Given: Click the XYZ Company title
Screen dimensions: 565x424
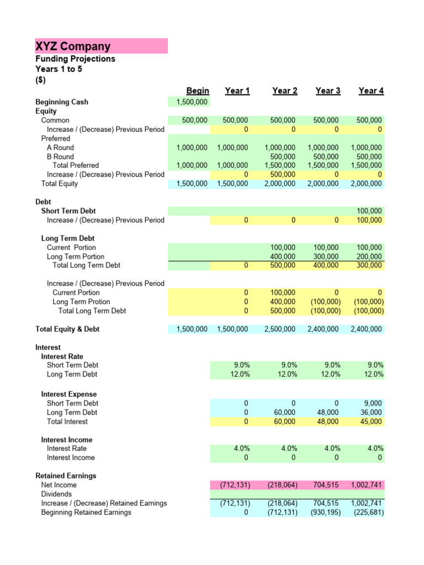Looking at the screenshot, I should (73, 46).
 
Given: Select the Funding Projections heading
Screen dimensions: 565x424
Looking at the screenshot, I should (75, 58).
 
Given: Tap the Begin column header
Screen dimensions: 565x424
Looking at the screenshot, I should (198, 90).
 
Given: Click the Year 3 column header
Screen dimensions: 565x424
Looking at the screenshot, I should (327, 90).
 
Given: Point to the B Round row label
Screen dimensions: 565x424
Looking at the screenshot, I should (60, 156).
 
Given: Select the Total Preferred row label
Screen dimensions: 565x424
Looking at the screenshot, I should (76, 165).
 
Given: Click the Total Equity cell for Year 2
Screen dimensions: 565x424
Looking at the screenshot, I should (280, 184).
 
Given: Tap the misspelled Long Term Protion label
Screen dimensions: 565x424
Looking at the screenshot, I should (81, 302).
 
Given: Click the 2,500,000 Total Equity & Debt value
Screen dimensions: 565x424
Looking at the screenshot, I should (280, 329).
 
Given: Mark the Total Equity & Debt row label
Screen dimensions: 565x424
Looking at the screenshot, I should (67, 329).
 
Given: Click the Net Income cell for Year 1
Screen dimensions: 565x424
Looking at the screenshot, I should (235, 485).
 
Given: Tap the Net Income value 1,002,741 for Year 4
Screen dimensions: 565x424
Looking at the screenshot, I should (366, 485).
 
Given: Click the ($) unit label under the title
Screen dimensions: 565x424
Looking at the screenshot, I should (41, 80).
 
